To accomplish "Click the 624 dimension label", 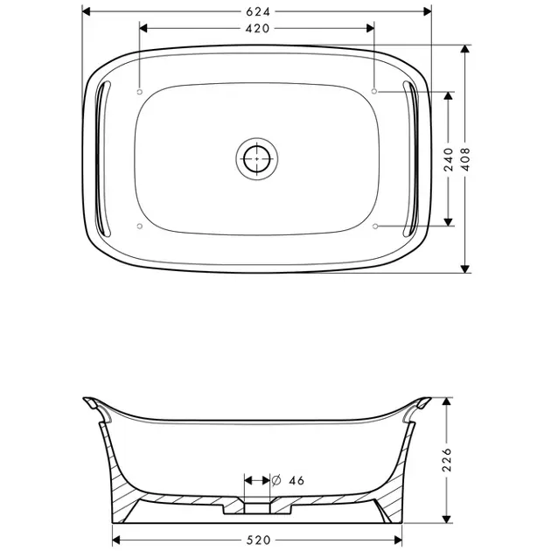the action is click(258, 12).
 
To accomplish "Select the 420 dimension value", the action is click(258, 29).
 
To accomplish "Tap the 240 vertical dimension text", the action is click(449, 159).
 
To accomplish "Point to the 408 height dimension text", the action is click(465, 159).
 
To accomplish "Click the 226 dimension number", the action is click(447, 459).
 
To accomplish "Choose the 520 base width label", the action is click(258, 540).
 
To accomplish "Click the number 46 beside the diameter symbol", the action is click(296, 480).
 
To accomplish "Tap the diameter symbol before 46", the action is click(276, 480).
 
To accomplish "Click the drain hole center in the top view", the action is click(257, 159).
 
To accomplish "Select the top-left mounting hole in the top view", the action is click(140, 92).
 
